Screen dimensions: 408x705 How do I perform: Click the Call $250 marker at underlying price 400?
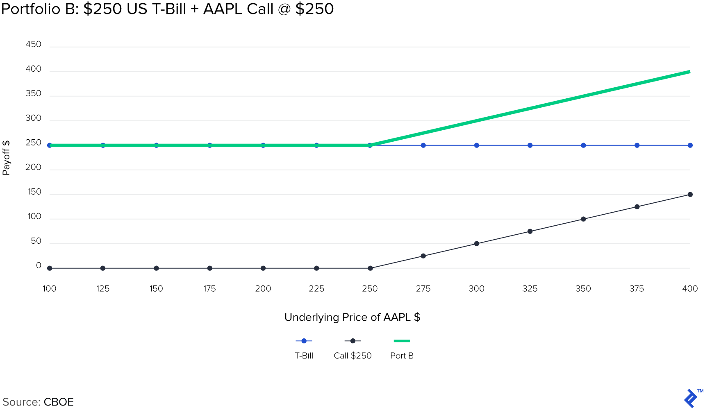click(690, 195)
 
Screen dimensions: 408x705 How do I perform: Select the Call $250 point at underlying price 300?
click(476, 244)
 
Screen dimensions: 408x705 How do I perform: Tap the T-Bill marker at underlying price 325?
click(530, 145)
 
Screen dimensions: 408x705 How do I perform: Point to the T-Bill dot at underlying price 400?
click(690, 145)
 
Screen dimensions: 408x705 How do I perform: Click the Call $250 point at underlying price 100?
click(50, 268)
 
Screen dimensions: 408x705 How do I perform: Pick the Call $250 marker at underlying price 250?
click(370, 268)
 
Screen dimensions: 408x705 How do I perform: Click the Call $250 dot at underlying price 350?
click(583, 219)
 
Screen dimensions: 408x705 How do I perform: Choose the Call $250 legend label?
click(352, 356)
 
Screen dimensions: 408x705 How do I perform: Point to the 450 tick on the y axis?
click(34, 44)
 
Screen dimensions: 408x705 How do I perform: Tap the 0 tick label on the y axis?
click(39, 265)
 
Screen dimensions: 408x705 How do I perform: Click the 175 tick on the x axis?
click(209, 288)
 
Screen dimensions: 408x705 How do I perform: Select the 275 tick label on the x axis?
click(423, 288)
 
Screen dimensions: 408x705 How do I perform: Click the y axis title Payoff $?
click(6, 158)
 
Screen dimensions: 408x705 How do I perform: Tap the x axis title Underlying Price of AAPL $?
click(352, 317)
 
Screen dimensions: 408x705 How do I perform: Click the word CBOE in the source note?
click(59, 402)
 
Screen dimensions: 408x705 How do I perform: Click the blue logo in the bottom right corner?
click(691, 398)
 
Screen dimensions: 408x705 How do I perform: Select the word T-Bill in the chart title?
click(169, 9)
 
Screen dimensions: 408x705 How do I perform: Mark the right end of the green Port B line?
click(689, 72)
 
